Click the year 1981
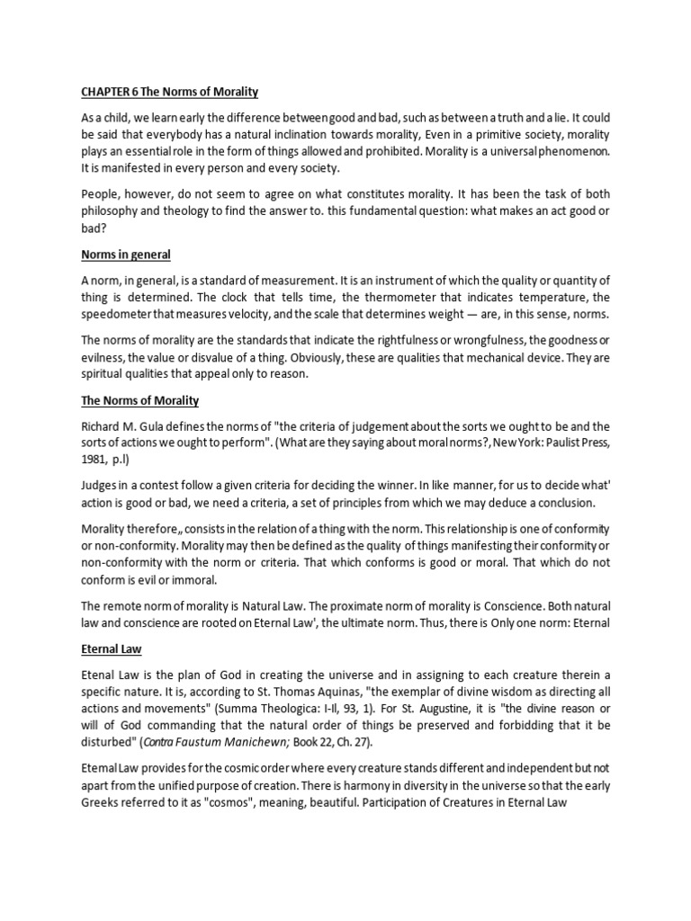tap(96, 460)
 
